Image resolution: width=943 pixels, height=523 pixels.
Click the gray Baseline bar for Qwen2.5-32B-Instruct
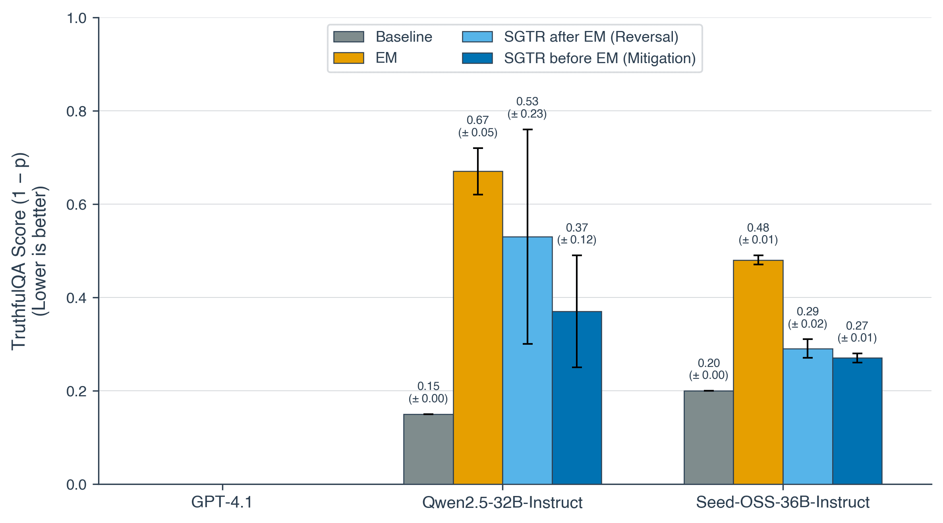[x=428, y=449]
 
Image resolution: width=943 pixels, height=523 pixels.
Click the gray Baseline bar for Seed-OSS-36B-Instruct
[x=708, y=437]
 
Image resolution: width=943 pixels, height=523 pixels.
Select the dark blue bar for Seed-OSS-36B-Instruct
[x=857, y=421]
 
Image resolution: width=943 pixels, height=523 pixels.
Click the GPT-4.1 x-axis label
[x=222, y=502]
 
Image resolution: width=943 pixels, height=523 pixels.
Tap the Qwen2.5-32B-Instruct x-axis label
[x=502, y=502]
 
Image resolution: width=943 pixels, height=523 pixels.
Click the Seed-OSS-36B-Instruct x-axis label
[x=783, y=502]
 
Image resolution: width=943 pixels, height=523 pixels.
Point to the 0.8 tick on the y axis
[x=76, y=112]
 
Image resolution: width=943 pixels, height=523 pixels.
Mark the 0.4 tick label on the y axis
[x=76, y=298]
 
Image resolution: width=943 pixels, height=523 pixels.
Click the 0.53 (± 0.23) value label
[x=527, y=108]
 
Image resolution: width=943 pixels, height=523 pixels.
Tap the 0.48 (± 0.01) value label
[x=758, y=234]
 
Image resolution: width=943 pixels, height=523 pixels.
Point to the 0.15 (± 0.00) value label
[x=428, y=392]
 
